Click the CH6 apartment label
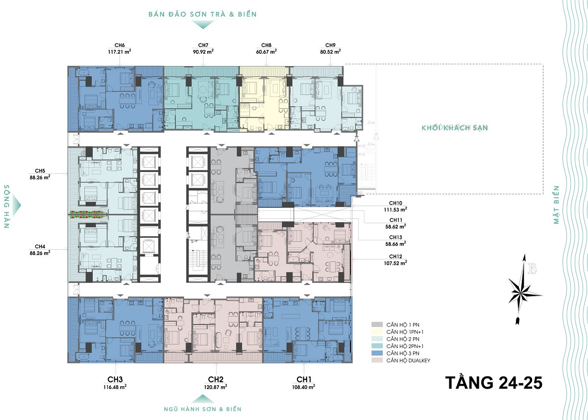click(x=120, y=46)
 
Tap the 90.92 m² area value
click(x=203, y=52)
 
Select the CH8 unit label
click(x=266, y=46)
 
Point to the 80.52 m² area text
click(x=330, y=52)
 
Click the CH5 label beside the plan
click(x=40, y=171)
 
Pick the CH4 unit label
click(x=40, y=246)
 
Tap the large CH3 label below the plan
click(x=115, y=379)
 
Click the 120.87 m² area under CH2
click(x=216, y=387)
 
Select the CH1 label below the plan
click(x=304, y=379)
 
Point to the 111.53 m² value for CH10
click(x=395, y=210)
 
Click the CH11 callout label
click(x=396, y=220)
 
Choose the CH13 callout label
click(x=395, y=237)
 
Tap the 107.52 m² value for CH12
click(x=395, y=263)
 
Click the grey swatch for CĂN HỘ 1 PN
click(x=377, y=325)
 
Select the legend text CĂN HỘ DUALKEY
click(x=408, y=360)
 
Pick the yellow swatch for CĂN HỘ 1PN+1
click(x=377, y=332)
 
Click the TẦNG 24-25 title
click(x=494, y=383)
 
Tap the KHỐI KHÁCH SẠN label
click(x=455, y=128)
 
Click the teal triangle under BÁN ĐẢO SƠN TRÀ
click(x=203, y=24)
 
